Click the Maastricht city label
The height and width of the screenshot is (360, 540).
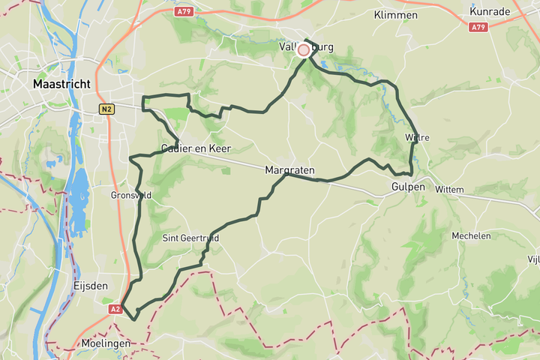[x=62, y=85]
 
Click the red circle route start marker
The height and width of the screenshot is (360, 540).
[x=304, y=50]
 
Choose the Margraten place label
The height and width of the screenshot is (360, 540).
[x=289, y=171]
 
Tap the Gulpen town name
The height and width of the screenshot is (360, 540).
[x=408, y=186]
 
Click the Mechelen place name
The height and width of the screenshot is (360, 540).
[x=471, y=235]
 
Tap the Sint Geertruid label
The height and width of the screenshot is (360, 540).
[x=190, y=238]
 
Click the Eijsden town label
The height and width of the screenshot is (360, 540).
[x=91, y=286]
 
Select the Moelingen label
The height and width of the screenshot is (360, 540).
[x=106, y=343]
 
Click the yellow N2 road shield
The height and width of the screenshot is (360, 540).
[x=106, y=109]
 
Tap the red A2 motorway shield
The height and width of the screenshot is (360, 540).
[x=115, y=309]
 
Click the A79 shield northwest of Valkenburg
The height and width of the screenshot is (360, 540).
[x=184, y=11]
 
